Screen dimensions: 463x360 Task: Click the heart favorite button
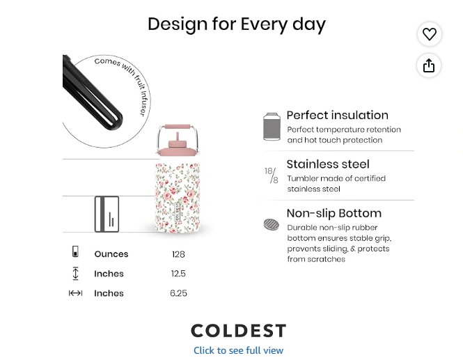point(430,34)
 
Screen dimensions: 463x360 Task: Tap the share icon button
point(429,65)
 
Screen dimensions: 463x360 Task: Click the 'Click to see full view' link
point(238,350)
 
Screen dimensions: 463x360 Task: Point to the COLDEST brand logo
point(239,331)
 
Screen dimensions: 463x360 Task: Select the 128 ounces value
point(178,254)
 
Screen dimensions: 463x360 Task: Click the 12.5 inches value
point(178,274)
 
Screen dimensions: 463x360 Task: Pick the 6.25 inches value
point(178,293)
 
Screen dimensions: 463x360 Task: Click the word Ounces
point(111,254)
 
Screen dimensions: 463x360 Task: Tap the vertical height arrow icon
point(76,273)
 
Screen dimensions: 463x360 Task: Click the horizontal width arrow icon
point(75,293)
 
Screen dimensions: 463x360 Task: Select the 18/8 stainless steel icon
point(272,175)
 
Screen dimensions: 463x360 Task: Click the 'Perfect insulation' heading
point(338,115)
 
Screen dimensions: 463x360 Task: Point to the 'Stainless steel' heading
point(328,164)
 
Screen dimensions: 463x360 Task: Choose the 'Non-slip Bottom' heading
point(334,213)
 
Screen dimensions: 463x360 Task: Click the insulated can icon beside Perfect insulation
point(272,127)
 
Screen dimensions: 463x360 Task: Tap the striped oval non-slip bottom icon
point(272,224)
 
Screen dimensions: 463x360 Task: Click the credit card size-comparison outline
point(107,214)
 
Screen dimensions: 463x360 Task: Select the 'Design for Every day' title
point(237,24)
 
